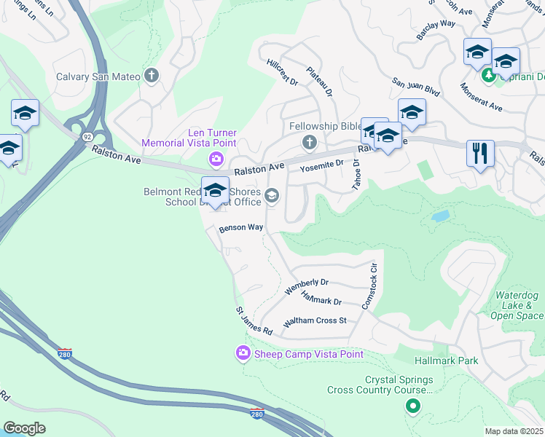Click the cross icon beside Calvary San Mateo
152,76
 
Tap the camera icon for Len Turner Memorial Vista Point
216,159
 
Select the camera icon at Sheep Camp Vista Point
243,353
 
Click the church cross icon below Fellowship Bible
309,141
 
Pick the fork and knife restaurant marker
480,154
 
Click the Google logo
24,428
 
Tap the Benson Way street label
241,227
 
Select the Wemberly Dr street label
307,286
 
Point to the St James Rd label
254,321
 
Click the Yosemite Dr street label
321,166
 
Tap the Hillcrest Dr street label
283,72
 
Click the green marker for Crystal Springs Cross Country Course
413,406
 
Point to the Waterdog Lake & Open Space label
517,305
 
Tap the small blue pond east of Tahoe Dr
440,216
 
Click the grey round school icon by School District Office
272,195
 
